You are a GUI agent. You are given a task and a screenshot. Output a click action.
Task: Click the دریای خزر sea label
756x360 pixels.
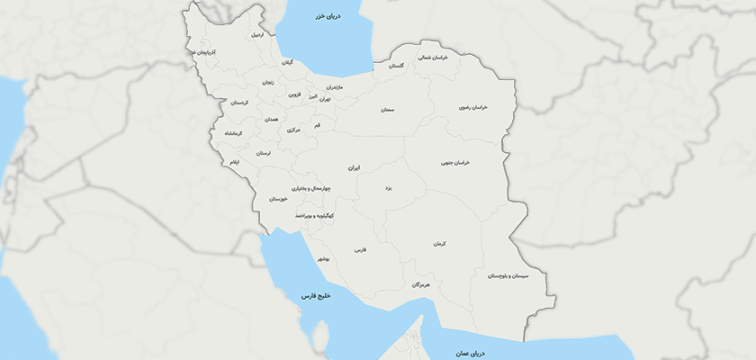coord(325,16)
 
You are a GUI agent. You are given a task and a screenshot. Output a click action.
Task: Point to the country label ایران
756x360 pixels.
coord(355,168)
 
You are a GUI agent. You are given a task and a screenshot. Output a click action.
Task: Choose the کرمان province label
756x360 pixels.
coord(439,244)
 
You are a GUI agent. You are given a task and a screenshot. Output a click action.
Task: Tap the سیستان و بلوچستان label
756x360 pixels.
coord(509,275)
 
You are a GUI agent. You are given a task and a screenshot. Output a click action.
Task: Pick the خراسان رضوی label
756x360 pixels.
coord(472,107)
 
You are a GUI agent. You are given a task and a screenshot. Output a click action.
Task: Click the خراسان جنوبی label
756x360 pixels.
coord(455,163)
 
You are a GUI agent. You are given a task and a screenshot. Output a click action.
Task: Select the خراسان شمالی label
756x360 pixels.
coord(432,57)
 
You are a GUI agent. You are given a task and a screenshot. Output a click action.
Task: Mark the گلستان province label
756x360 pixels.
coord(396,66)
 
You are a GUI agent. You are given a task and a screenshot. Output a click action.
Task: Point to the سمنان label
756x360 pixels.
coord(388,110)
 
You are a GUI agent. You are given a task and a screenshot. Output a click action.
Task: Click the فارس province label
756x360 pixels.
coord(360,249)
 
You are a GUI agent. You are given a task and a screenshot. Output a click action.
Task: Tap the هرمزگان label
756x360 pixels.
coord(422,284)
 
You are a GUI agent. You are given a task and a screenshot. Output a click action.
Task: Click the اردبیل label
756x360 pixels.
coord(257,35)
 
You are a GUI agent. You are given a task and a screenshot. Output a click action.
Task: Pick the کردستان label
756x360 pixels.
coord(239,103)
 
